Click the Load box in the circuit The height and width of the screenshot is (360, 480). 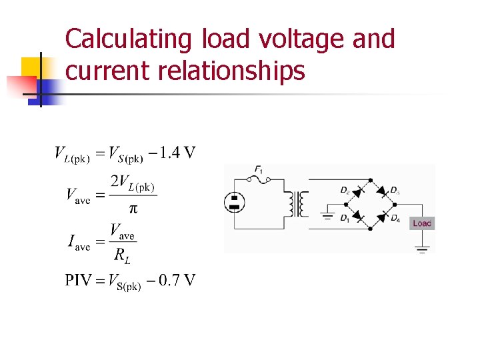click(422, 223)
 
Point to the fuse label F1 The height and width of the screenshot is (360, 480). click(258, 170)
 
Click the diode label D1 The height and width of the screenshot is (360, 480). click(344, 218)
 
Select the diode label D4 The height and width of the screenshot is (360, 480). click(395, 218)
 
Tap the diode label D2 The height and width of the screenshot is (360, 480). click(344, 191)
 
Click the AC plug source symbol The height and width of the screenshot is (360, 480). click(234, 202)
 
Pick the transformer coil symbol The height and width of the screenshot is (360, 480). click(296, 203)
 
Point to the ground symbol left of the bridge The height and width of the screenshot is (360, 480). click(327, 215)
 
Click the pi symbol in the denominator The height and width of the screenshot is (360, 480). click(133, 209)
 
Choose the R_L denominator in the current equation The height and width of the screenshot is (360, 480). click(121, 254)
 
